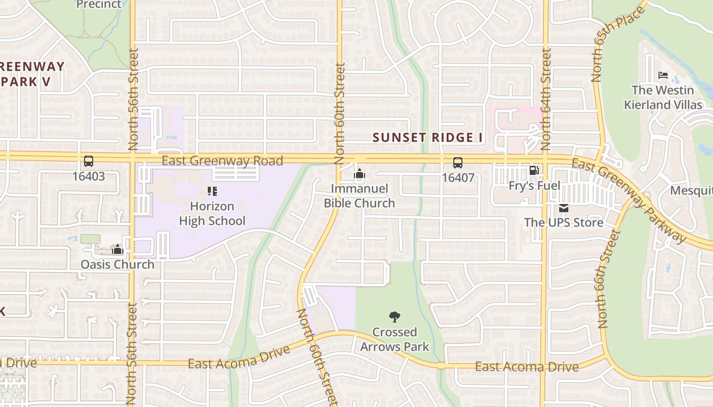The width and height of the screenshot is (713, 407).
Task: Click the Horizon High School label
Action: coord(212,214)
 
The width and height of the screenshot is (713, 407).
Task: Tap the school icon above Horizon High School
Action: coord(212,191)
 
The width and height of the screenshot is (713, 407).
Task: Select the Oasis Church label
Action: coord(117,265)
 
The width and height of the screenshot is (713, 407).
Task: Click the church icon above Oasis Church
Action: coord(118,249)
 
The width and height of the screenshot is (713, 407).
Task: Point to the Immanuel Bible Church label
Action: coord(360,196)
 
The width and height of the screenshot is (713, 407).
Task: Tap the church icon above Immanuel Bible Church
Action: coord(360,175)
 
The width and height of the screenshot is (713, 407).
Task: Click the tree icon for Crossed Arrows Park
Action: coord(394,317)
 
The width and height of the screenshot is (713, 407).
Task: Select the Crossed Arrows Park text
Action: coord(394,339)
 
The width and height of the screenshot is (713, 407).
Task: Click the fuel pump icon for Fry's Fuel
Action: coord(534,170)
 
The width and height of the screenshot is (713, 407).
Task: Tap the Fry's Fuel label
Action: coord(534,186)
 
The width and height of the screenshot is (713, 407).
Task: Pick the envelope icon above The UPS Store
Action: coord(564,208)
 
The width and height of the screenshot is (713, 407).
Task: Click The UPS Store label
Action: coord(564,222)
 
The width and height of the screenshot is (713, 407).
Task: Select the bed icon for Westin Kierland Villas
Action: coord(663,75)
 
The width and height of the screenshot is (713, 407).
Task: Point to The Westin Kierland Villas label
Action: coord(663,97)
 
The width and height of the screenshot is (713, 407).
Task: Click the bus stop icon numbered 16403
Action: coord(88,162)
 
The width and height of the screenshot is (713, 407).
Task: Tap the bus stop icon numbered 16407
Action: coord(458,163)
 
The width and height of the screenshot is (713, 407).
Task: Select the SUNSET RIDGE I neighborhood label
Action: coord(427,137)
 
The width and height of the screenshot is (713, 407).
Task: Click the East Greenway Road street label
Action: coord(222,161)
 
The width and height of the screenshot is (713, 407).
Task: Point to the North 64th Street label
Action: coord(546,99)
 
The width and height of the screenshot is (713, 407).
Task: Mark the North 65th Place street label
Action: coord(618,42)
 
